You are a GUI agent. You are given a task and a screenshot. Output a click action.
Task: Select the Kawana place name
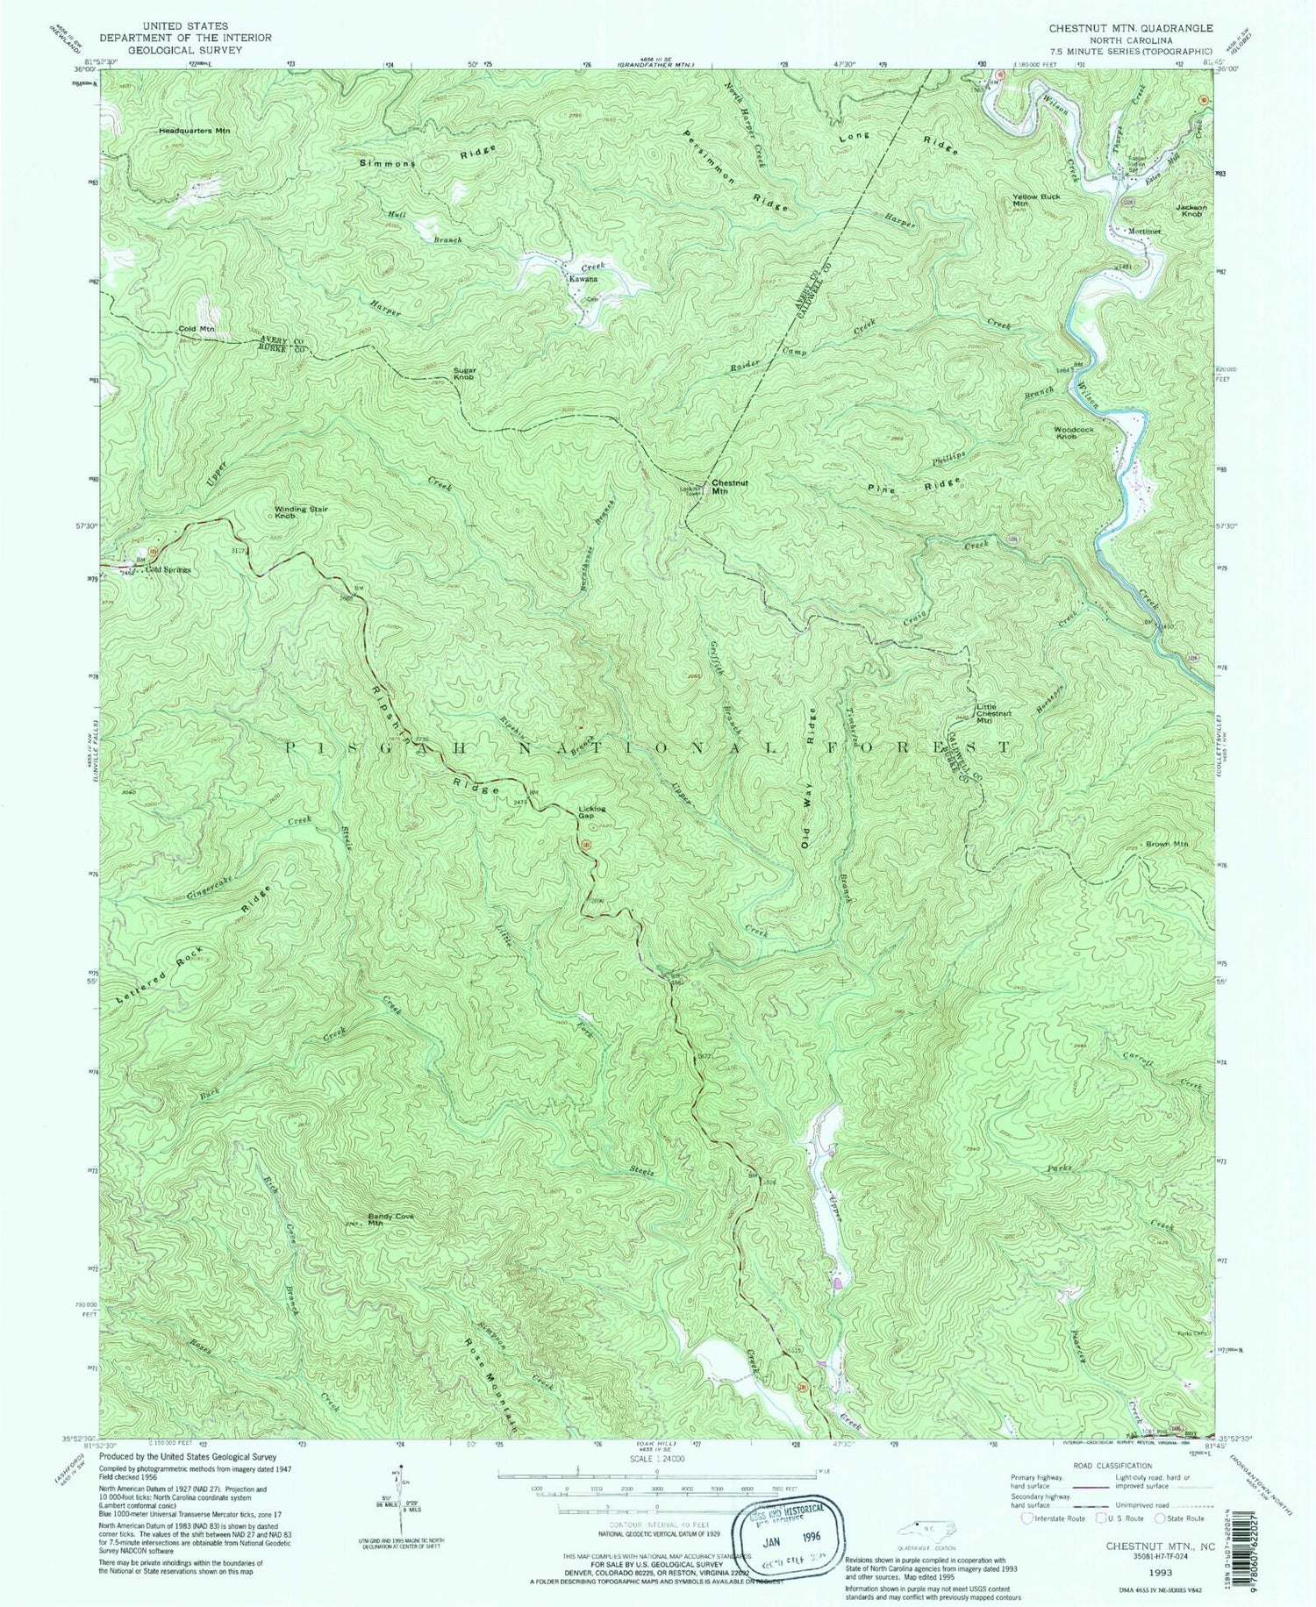583,279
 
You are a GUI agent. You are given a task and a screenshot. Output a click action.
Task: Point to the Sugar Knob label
464,374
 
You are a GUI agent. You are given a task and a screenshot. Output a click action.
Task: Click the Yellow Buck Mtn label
1036,200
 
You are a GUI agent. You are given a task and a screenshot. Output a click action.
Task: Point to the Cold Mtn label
197,329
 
